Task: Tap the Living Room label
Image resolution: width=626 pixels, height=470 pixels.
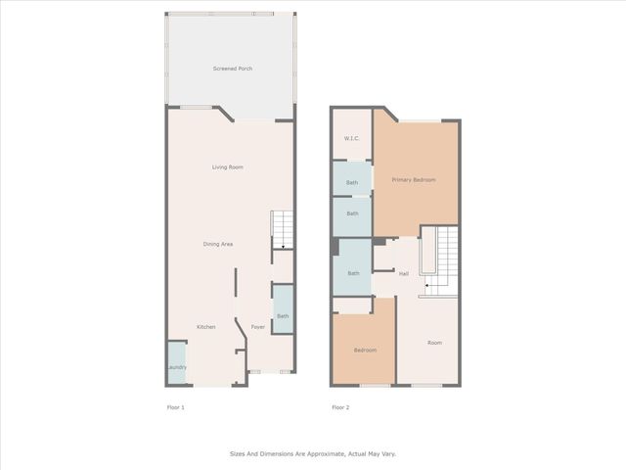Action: (228, 167)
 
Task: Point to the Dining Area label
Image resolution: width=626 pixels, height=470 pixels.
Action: (217, 244)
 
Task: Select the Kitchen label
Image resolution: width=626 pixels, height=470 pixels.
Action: (205, 327)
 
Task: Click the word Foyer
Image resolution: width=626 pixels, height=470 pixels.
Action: (257, 327)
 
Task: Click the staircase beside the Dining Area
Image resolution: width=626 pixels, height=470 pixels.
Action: (282, 230)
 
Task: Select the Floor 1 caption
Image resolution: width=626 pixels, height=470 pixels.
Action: (175, 406)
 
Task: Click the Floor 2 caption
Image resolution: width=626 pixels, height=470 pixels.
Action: (340, 406)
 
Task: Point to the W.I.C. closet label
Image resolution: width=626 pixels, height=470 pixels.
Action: (351, 138)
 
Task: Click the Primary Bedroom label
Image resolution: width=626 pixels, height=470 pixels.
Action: (414, 180)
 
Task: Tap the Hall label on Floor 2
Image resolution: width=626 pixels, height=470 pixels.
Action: (403, 273)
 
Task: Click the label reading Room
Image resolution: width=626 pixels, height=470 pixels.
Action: (434, 343)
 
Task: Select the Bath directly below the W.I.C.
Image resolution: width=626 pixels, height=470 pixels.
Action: (352, 182)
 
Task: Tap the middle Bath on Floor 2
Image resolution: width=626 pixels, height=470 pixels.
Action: (352, 214)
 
